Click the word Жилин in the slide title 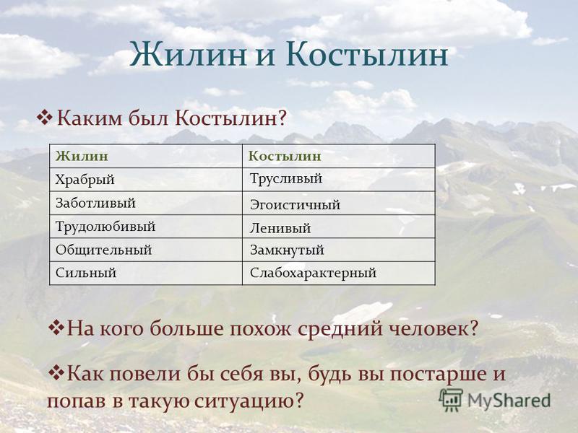188,55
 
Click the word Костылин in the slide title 367,55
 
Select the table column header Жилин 82,156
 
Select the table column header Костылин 285,156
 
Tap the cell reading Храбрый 85,180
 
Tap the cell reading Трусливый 286,178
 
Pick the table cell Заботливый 95,203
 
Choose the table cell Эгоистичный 295,204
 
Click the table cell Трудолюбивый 105,227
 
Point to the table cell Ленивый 280,228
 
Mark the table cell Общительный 103,250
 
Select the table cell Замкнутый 287,250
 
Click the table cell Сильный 86,273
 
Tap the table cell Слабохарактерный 313,274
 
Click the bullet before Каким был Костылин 44,118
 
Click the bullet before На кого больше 56,328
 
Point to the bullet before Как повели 56,373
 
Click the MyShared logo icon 451,400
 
